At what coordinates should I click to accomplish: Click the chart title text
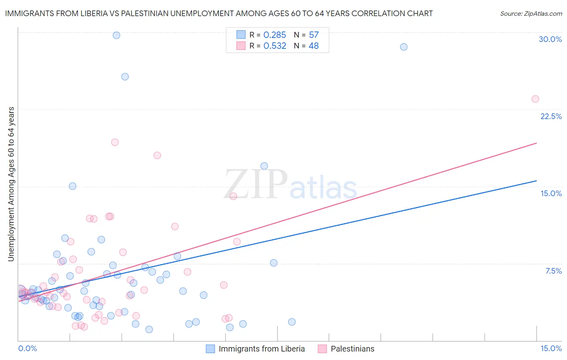[x=219, y=13]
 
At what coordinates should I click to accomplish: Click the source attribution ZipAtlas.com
[x=531, y=13]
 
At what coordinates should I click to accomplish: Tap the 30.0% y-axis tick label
[x=550, y=39]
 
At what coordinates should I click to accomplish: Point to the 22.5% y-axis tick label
[x=551, y=116]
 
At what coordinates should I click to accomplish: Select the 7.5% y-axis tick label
[x=553, y=271]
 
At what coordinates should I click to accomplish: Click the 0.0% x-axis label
[x=27, y=348]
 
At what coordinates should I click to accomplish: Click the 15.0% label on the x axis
[x=551, y=348]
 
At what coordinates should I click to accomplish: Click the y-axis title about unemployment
[x=11, y=184]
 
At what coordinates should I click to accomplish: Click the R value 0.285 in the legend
[x=275, y=35]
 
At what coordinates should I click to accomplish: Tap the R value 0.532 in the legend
[x=275, y=46]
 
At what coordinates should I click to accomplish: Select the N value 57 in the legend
[x=314, y=35]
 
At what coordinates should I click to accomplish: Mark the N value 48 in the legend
[x=314, y=46]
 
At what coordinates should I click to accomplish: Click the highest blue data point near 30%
[x=116, y=35]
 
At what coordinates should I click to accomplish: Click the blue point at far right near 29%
[x=403, y=47]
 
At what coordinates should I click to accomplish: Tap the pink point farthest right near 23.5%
[x=535, y=99]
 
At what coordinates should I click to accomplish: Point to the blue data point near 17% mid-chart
[x=264, y=166]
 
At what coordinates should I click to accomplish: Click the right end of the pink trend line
[x=536, y=143]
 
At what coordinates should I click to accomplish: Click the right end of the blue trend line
[x=536, y=181]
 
